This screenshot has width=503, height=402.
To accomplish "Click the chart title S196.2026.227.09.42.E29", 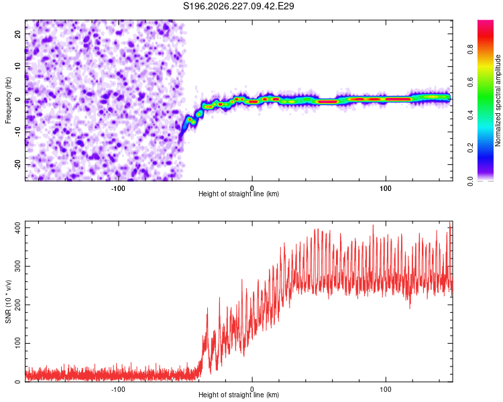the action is point(238,6).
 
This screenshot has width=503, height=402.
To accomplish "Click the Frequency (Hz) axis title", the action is point(8,100).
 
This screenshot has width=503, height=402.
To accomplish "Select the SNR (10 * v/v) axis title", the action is point(8,301).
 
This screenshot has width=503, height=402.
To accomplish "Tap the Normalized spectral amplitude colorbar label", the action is point(498,100).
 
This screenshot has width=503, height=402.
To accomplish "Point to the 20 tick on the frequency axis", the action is point(17,33).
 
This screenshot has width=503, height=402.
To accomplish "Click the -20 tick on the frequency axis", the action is point(17,164).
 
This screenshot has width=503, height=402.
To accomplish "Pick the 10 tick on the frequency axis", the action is point(17,66).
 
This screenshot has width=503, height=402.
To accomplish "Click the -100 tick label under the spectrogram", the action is point(118,188).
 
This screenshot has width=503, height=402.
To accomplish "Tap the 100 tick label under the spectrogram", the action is point(386,188).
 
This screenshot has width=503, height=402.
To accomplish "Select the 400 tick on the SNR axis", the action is point(17,228).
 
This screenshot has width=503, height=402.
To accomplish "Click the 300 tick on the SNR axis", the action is point(17,266).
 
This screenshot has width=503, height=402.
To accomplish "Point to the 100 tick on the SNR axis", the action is point(17,343).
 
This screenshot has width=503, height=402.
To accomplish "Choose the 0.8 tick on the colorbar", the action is point(470,50).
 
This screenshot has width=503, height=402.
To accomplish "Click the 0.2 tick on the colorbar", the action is point(470,148).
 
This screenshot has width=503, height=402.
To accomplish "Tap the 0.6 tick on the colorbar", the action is point(470,82).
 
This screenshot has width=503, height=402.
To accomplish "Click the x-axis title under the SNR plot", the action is point(239,395).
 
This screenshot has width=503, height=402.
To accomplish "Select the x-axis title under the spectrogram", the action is point(239,194).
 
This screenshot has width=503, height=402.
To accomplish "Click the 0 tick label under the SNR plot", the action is point(252,389).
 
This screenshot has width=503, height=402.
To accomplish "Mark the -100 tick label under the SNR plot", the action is point(118,389).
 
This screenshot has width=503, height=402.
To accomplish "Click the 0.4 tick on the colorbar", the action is point(470,115).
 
